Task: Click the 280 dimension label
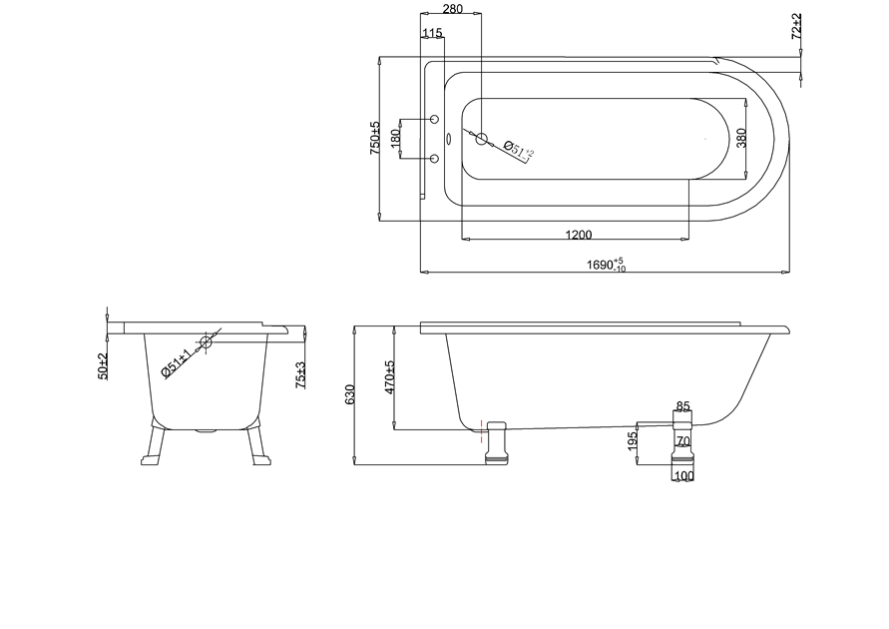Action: click(x=452, y=9)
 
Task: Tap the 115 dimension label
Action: click(x=432, y=33)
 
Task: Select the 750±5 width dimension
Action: click(x=375, y=138)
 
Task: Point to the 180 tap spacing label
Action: click(x=395, y=138)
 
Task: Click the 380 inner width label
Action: click(x=741, y=138)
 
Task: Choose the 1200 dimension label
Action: click(x=579, y=235)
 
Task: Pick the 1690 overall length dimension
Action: click(x=606, y=265)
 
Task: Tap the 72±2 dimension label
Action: click(x=796, y=26)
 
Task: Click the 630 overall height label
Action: click(x=349, y=394)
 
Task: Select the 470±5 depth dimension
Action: click(x=389, y=377)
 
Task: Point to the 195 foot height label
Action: click(x=633, y=441)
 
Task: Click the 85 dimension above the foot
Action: click(x=683, y=406)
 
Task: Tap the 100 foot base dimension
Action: click(x=684, y=476)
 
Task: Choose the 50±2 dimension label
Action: click(x=102, y=365)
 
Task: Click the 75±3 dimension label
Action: click(x=300, y=375)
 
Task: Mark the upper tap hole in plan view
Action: click(x=435, y=119)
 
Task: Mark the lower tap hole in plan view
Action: click(x=435, y=158)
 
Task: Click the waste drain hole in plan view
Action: click(x=481, y=138)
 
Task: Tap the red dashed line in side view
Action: click(x=481, y=431)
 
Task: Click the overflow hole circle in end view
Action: click(x=206, y=342)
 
